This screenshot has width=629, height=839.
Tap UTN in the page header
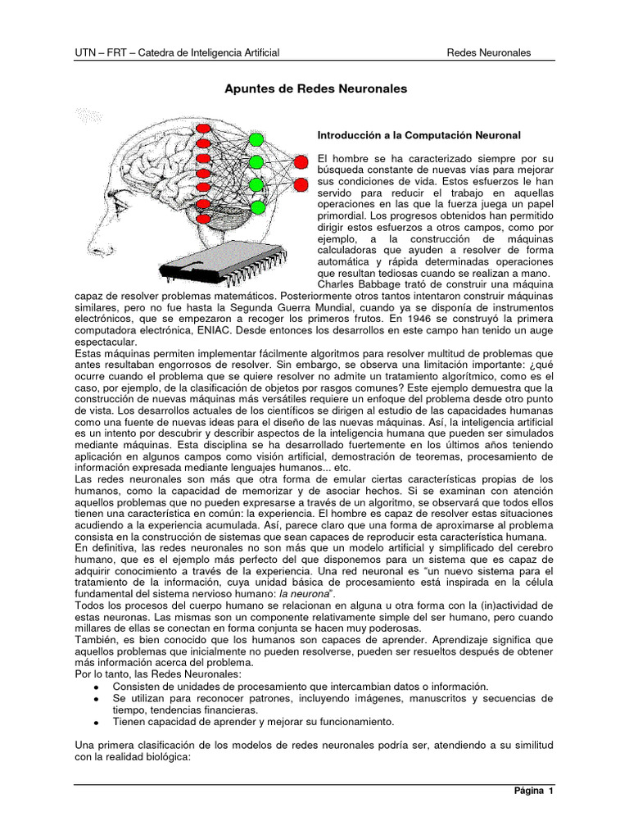(x=85, y=53)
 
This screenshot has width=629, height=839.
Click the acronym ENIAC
(x=210, y=329)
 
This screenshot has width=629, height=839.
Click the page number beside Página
(x=551, y=791)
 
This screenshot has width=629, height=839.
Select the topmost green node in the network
(x=256, y=138)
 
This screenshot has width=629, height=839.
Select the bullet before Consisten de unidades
(x=97, y=686)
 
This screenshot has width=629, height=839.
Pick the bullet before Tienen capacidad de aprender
(x=97, y=723)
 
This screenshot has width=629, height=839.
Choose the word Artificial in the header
(x=257, y=53)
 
